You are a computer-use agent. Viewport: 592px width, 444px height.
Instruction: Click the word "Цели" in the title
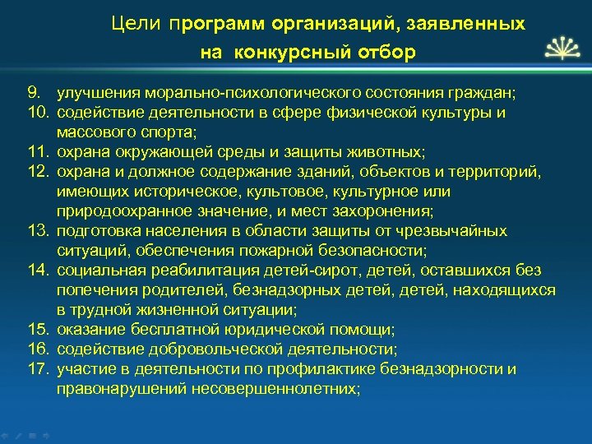click(x=136, y=24)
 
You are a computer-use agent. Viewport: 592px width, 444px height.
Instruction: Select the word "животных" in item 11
click(x=399, y=152)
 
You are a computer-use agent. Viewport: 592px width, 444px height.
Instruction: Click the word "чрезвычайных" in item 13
click(x=460, y=231)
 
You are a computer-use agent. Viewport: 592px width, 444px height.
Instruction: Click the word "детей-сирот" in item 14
click(x=336, y=271)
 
